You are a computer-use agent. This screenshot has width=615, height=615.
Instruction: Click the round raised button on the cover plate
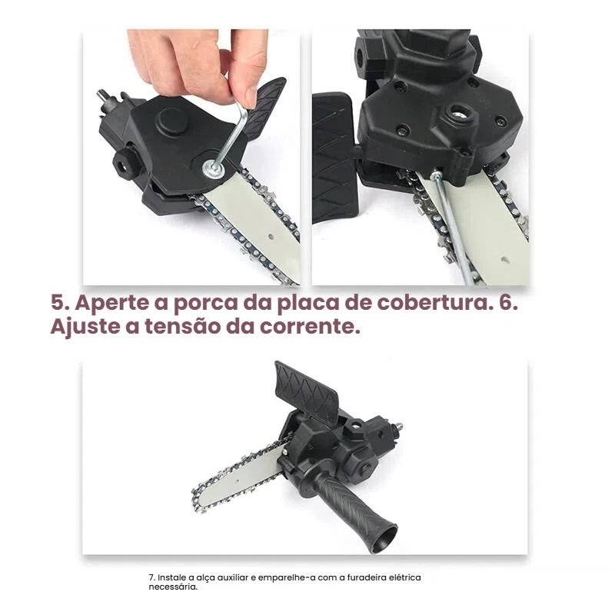[171, 119]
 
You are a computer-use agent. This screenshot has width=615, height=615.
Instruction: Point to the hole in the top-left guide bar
[271, 238]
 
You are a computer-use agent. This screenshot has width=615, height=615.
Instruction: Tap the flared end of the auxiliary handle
[381, 539]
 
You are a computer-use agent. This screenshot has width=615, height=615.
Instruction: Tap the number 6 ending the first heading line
[507, 302]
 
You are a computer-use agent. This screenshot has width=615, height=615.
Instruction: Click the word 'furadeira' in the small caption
[369, 577]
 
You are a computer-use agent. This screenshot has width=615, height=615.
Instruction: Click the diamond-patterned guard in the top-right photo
[334, 157]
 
